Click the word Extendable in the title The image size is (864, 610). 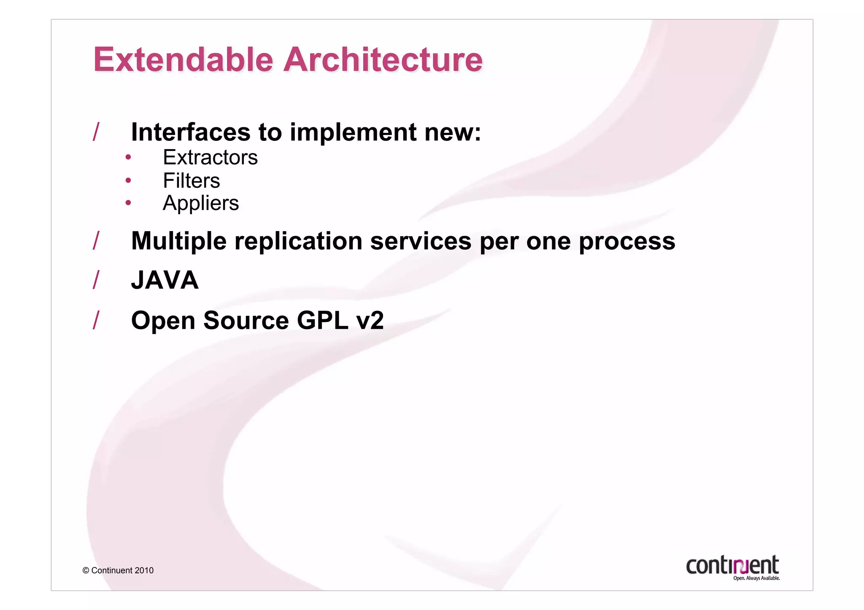point(184,59)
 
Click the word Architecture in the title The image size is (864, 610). point(383,59)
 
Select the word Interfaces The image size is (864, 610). point(191,132)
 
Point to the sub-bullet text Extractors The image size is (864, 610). point(210,157)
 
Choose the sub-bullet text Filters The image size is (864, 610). point(191,181)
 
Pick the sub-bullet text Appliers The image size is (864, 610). point(201,203)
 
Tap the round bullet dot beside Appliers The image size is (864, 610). point(128,203)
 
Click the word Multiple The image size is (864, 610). point(179,241)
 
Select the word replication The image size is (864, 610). point(298,241)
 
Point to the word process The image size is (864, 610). point(627,241)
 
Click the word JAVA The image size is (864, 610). point(165,280)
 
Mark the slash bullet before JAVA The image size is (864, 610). point(96,280)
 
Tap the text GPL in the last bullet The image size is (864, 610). point(323,320)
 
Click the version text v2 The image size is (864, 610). point(370,320)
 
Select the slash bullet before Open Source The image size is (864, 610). point(96,320)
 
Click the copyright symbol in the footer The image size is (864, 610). point(86,571)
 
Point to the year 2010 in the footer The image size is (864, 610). point(144,571)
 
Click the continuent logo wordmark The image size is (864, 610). point(732,565)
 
